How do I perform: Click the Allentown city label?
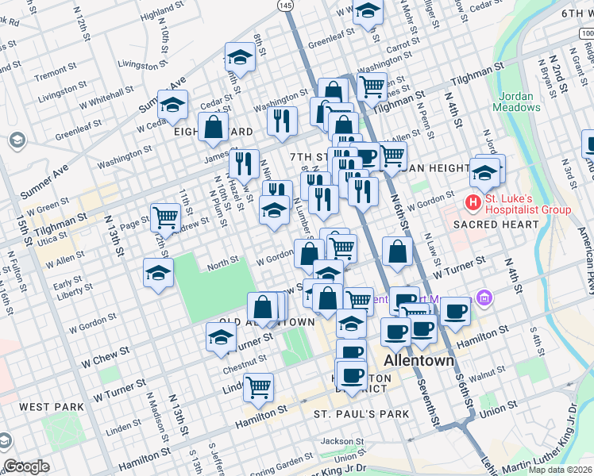pyautogui.click(x=418, y=360)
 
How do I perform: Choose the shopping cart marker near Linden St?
pyautogui.click(x=258, y=386)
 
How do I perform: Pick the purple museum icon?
pyautogui.click(x=483, y=299)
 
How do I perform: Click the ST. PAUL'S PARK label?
pyautogui.click(x=361, y=414)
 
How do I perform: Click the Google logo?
pyautogui.click(x=26, y=466)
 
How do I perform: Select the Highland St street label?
pyautogui.click(x=162, y=13)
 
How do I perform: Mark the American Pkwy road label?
pyautogui.click(x=586, y=253)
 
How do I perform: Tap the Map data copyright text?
pyautogui.click(x=559, y=470)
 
